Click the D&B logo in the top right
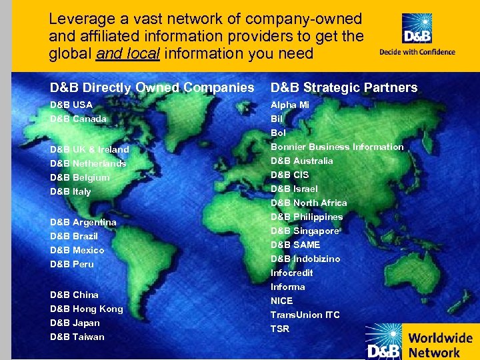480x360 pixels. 417,29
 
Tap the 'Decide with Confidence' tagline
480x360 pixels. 417,52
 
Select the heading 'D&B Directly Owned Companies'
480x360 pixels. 152,87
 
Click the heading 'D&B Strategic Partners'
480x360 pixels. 344,87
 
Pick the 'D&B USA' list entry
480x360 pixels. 71,105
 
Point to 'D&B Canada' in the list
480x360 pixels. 78,119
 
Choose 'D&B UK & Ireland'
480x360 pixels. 89,150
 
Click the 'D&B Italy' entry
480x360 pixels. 71,192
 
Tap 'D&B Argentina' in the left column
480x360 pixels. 83,223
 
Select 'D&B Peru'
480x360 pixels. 72,265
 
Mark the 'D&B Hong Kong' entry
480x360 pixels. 87,309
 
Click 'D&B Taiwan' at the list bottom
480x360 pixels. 77,337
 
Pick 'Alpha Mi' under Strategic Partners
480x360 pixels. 290,105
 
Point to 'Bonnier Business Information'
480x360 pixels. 337,147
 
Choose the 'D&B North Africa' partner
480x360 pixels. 309,203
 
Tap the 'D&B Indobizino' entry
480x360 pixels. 305,259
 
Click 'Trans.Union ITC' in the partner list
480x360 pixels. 305,315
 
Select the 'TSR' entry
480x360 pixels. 280,329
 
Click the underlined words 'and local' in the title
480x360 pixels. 127,54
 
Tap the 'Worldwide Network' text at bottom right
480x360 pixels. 439,345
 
